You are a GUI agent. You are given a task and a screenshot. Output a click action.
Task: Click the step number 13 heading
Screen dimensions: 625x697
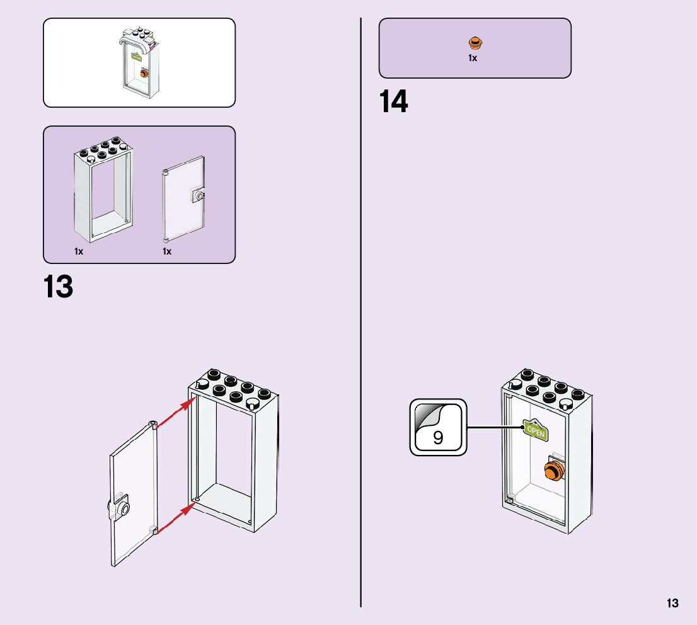pyautogui.click(x=59, y=287)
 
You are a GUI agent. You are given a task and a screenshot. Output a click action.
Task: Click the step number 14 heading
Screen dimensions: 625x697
pyautogui.click(x=394, y=102)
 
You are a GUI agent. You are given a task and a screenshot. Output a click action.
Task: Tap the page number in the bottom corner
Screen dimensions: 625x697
pyautogui.click(x=673, y=604)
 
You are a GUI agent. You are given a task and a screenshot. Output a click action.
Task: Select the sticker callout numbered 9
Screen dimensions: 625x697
pyautogui.click(x=438, y=427)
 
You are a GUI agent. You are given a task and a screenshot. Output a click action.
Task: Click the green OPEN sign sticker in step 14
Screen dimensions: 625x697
pyautogui.click(x=536, y=430)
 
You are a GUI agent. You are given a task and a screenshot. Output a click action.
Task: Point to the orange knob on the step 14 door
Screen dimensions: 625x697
pyautogui.click(x=553, y=470)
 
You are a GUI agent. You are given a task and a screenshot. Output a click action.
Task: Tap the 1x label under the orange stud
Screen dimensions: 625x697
pyautogui.click(x=473, y=58)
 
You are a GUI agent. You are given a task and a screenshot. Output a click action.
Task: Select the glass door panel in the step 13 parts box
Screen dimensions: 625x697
pyautogui.click(x=182, y=198)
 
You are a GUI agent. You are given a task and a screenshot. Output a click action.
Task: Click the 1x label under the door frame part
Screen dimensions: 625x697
pyautogui.click(x=79, y=251)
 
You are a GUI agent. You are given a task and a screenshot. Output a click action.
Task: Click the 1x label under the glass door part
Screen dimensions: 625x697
pyautogui.click(x=167, y=251)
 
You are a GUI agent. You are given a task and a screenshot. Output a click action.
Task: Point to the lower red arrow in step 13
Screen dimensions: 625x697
pyautogui.click(x=174, y=520)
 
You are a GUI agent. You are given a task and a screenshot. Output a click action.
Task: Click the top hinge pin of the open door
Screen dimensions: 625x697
pyautogui.click(x=153, y=423)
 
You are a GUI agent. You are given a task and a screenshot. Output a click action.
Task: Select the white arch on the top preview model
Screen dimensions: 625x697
pyautogui.click(x=136, y=42)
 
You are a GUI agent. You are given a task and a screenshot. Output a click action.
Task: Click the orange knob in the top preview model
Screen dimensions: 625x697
pyautogui.click(x=144, y=73)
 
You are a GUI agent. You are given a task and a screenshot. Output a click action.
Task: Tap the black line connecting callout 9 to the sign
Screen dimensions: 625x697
pyautogui.click(x=495, y=428)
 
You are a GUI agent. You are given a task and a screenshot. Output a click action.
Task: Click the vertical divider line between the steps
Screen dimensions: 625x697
pyautogui.click(x=361, y=315)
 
